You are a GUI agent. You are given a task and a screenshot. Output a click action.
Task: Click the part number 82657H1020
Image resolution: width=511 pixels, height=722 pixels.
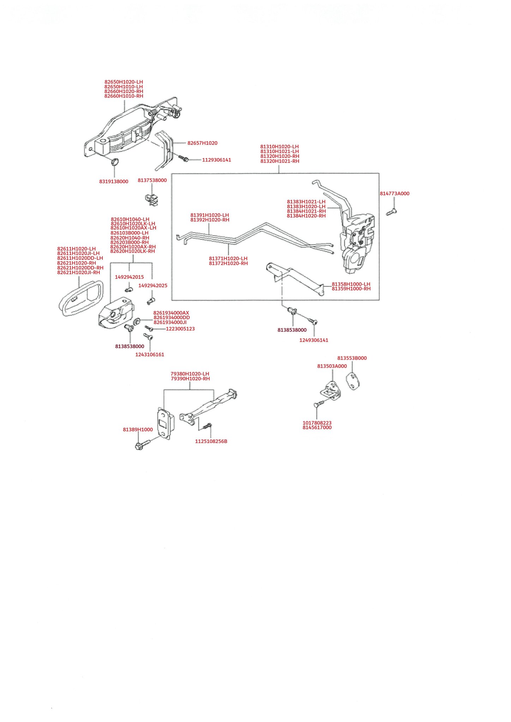tap(202, 143)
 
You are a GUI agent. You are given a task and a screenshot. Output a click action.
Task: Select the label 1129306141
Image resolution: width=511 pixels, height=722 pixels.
tap(216, 160)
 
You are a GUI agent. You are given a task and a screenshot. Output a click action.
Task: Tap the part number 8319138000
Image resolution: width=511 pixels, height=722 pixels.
tap(114, 182)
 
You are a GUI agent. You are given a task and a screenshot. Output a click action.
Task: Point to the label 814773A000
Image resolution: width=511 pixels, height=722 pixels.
tap(395, 194)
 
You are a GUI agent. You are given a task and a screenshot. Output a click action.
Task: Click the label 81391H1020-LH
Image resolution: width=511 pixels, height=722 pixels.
tap(210, 215)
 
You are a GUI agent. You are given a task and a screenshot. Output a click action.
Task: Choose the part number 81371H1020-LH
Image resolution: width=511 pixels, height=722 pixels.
tap(228, 258)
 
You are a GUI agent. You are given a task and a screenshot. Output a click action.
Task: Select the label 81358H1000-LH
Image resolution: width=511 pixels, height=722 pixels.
tap(351, 284)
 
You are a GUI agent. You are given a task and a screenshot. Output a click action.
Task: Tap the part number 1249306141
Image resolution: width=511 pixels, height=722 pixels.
tap(314, 340)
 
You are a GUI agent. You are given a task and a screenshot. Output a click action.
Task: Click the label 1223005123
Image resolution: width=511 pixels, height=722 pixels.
tap(180, 329)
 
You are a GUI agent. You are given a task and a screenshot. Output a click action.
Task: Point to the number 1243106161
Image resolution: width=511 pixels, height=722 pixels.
tap(150, 355)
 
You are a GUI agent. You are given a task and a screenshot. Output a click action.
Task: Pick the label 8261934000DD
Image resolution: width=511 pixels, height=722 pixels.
tap(172, 318)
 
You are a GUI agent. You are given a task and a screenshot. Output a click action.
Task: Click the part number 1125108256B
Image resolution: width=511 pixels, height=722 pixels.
tap(211, 441)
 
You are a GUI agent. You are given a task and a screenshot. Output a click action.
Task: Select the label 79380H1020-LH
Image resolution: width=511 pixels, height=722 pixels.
tap(190, 374)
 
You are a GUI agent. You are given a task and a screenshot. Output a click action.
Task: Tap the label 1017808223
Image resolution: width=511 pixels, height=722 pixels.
tap(317, 423)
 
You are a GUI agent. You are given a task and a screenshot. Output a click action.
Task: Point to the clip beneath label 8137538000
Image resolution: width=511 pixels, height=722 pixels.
tap(152, 200)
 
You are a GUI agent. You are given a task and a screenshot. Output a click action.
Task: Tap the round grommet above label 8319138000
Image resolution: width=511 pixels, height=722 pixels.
tap(115, 162)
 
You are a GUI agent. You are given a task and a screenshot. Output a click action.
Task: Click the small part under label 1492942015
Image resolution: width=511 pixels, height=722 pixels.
tap(128, 290)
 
